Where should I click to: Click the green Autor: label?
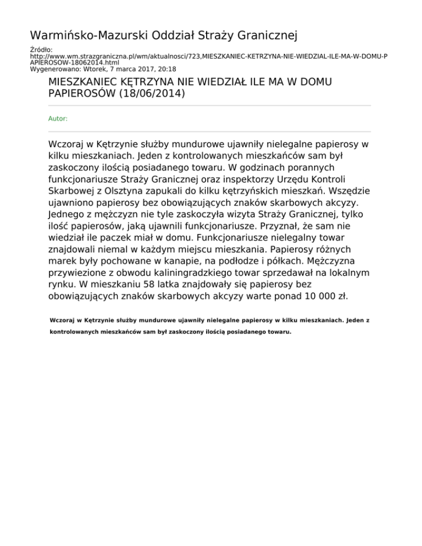[58, 118]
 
